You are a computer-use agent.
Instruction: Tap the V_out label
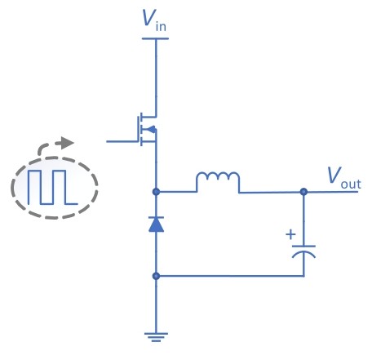point(344,178)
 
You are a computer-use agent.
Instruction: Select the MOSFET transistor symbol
point(147,129)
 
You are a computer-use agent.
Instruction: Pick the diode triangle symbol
point(156,224)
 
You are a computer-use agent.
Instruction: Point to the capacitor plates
point(303,251)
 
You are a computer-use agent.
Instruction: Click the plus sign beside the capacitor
point(290,234)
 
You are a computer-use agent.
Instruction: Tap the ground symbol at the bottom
point(156,337)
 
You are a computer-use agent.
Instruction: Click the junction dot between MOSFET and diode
point(156,192)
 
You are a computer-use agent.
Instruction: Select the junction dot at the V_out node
point(303,192)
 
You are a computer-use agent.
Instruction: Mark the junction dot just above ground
point(156,276)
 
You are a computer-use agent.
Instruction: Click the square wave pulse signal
point(53,187)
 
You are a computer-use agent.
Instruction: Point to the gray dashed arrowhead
point(68,143)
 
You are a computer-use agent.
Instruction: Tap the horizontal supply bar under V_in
point(155,38)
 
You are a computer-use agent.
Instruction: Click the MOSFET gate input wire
point(122,141)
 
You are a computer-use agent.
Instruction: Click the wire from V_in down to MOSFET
point(156,78)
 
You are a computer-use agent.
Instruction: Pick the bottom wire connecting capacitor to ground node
point(230,276)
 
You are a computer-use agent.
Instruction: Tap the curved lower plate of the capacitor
point(303,254)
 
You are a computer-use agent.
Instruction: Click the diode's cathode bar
point(156,217)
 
